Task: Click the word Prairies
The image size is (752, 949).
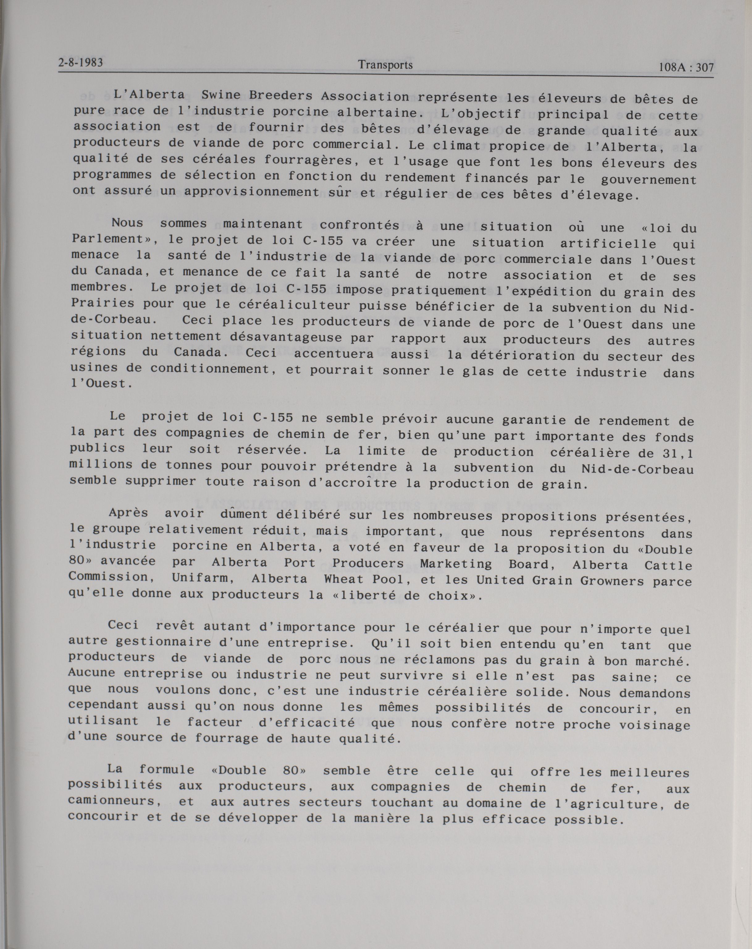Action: pyautogui.click(x=103, y=303)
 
